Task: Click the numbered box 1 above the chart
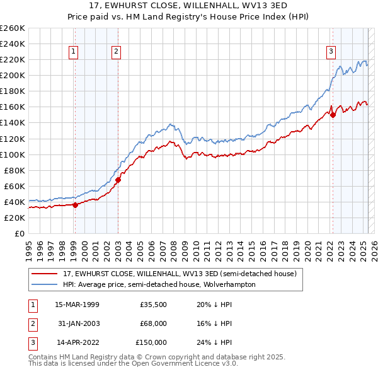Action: pyautogui.click(x=74, y=52)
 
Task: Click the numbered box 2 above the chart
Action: pyautogui.click(x=117, y=52)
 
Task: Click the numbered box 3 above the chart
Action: pyautogui.click(x=331, y=52)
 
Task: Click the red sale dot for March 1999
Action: pyautogui.click(x=75, y=204)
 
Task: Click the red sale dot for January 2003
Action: pyautogui.click(x=118, y=180)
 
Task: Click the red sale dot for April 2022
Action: pyautogui.click(x=333, y=115)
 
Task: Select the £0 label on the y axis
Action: pyautogui.click(x=19, y=233)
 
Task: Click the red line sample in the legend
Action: pyautogui.click(x=45, y=274)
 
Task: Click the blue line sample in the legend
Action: pyautogui.click(x=45, y=284)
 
